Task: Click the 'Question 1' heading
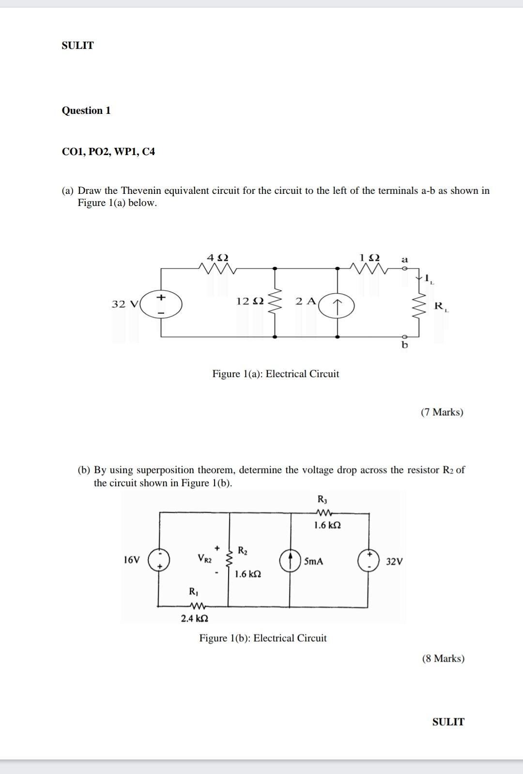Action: [x=86, y=111]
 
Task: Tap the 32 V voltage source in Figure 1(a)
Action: [x=161, y=304]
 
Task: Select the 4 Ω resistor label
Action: [x=217, y=257]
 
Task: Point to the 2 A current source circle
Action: [x=338, y=305]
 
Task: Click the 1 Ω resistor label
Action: [x=369, y=257]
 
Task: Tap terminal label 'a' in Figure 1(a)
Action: [x=405, y=260]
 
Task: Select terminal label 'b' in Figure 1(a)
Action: [x=405, y=345]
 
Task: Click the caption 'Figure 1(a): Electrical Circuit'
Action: [x=276, y=374]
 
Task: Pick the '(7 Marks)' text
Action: [x=442, y=412]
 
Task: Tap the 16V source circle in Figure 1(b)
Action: [x=159, y=560]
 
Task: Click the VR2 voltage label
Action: [x=204, y=558]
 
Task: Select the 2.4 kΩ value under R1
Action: [x=195, y=618]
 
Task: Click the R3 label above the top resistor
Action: [x=323, y=499]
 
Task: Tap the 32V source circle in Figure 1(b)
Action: [x=369, y=560]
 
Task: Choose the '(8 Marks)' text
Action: [x=443, y=658]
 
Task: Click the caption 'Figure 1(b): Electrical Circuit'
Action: [x=263, y=638]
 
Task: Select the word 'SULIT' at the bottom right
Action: [x=448, y=722]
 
